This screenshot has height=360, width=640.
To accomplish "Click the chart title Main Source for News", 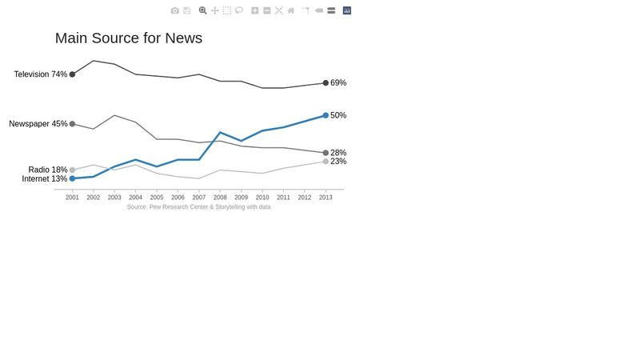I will coord(128,38).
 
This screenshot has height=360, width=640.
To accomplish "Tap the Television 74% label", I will coord(40,74).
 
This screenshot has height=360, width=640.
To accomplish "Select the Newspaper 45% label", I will coord(38,124).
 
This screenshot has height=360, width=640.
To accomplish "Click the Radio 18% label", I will coord(47,170).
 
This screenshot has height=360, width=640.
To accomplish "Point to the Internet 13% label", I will coord(44,179).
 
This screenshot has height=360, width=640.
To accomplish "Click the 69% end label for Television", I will coord(338,83).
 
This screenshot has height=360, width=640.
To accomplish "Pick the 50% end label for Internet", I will coord(338,115).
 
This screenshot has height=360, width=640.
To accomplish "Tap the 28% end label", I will coord(338,153).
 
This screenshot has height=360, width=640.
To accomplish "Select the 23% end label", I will coord(338,162).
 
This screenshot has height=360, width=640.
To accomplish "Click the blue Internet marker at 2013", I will coord(326,115).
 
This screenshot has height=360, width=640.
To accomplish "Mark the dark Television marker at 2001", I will coord(72,74).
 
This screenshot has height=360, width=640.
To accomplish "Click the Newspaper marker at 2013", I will coord(326,153).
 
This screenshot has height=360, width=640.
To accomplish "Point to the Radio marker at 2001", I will coord(72,170).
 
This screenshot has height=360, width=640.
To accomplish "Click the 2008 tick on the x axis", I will coord(220,197).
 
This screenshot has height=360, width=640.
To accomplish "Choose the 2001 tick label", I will coord(72,197).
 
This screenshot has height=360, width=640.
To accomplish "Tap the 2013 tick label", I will coord(326,197).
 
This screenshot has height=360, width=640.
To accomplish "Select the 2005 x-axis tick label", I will coord(157,197).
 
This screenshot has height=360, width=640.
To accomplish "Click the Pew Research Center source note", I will coord(198,207).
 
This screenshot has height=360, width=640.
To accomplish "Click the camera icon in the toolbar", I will coord(175,10).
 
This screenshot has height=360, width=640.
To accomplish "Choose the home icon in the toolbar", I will coord(291,10).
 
